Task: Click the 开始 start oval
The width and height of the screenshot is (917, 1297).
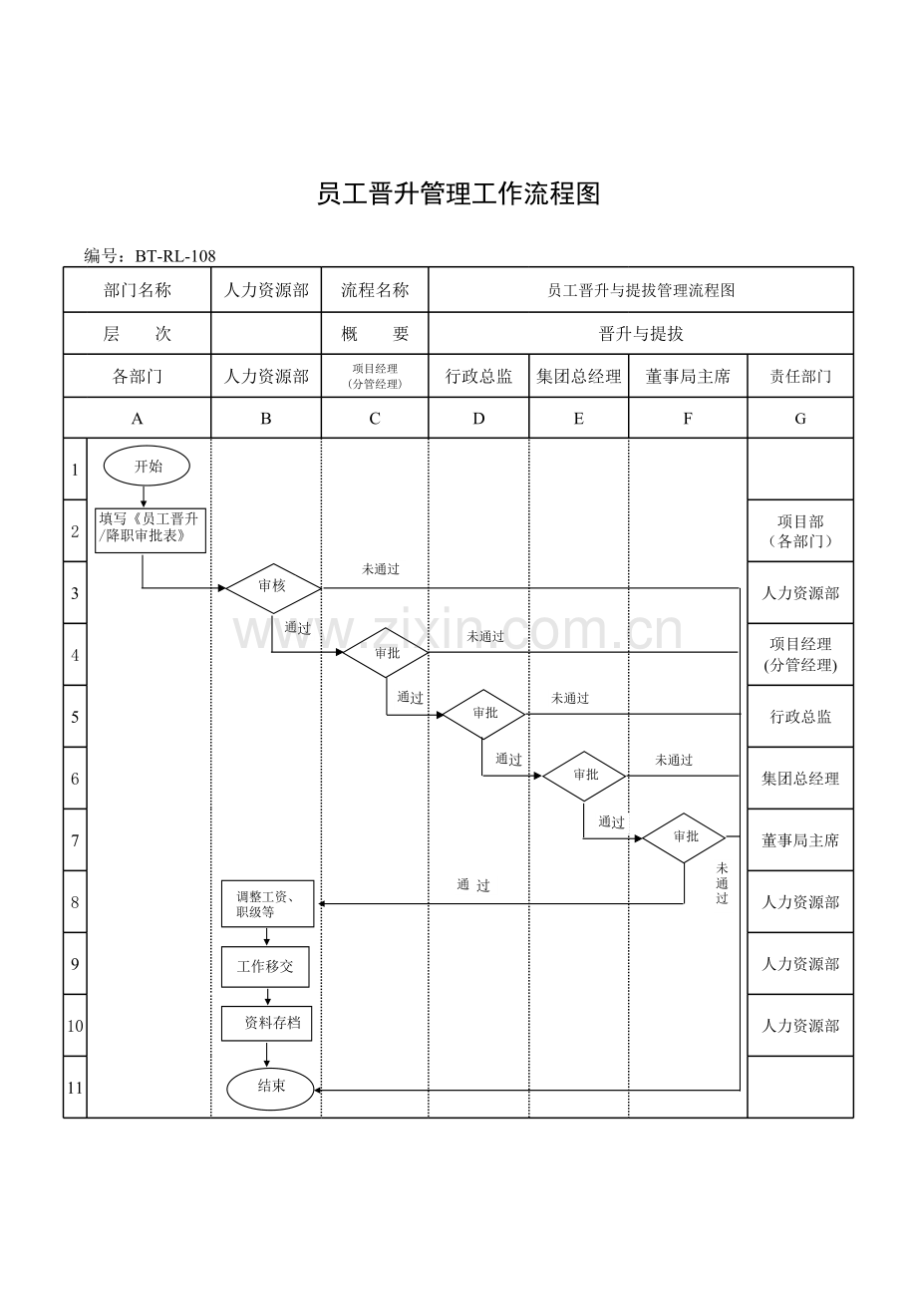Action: [147, 467]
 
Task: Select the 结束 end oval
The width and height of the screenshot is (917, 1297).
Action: [270, 1089]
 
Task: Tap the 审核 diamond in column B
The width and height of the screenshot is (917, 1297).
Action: [273, 588]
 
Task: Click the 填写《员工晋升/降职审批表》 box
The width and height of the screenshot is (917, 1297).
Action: [151, 530]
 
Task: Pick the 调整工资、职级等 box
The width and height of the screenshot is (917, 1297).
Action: [267, 904]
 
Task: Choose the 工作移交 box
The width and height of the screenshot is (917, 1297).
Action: [265, 967]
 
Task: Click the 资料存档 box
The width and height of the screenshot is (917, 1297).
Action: [266, 1023]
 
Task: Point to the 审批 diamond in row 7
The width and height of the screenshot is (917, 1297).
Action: [685, 837]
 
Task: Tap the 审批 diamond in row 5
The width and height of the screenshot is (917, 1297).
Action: [483, 714]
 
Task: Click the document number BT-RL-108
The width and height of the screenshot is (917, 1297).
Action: [175, 256]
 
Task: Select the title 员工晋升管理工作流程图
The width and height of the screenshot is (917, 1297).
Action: [458, 193]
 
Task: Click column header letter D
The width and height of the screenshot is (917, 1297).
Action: [478, 419]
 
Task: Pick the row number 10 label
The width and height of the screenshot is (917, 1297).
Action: [76, 1026]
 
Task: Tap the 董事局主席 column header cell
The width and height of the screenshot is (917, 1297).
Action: [688, 377]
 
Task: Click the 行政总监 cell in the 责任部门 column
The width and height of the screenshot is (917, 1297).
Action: [800, 716]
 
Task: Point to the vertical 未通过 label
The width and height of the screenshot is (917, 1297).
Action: [722, 883]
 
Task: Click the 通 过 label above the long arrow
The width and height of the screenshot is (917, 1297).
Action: [473, 885]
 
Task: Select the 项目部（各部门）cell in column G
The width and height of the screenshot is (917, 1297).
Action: [800, 531]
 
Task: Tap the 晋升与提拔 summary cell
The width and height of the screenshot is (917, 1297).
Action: [641, 334]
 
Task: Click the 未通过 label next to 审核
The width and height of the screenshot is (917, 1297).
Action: [381, 569]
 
